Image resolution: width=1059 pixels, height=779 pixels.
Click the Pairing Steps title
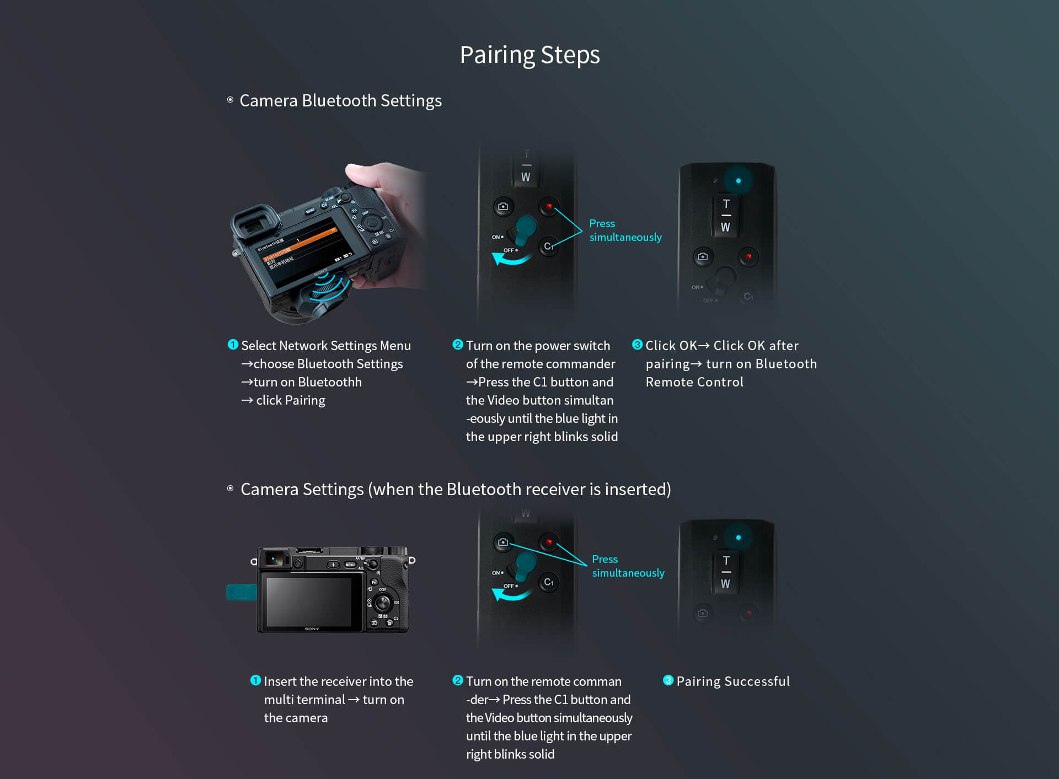pyautogui.click(x=529, y=55)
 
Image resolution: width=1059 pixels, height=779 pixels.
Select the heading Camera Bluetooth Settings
pyautogui.click(x=340, y=101)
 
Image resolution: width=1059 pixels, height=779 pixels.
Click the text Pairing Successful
pyautogui.click(x=733, y=681)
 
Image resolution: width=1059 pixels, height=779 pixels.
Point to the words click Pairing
pyautogui.click(x=291, y=401)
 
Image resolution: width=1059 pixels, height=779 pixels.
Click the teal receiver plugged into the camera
pyautogui.click(x=242, y=593)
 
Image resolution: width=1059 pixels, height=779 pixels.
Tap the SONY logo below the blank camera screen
pyautogui.click(x=312, y=628)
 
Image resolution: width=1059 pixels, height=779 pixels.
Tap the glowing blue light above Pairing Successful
pyautogui.click(x=738, y=537)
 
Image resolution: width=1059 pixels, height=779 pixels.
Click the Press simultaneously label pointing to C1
pyautogui.click(x=625, y=230)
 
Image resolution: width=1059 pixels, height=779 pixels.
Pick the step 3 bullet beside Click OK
pyautogui.click(x=637, y=345)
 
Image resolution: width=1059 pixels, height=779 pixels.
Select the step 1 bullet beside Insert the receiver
pyautogui.click(x=255, y=680)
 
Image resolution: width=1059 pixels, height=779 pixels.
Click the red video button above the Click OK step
pyautogui.click(x=748, y=256)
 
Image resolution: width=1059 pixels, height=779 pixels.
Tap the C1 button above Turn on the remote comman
pyautogui.click(x=549, y=582)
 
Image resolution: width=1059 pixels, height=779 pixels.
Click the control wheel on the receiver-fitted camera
pyautogui.click(x=382, y=602)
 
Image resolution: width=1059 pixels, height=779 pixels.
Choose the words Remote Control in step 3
pyautogui.click(x=694, y=382)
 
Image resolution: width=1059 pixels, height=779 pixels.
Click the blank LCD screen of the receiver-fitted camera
pyautogui.click(x=309, y=601)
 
